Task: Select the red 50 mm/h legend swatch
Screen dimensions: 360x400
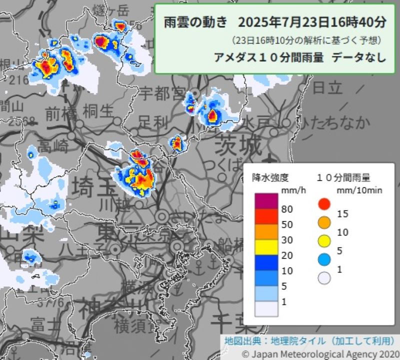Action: tap(265, 216)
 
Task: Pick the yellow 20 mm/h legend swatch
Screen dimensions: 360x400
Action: tap(265, 247)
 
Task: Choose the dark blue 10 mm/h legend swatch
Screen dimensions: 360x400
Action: tap(265, 262)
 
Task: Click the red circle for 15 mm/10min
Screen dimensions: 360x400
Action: tap(324, 203)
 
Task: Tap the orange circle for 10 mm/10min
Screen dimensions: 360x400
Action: tap(324, 222)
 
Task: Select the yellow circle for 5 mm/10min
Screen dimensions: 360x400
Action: tap(324, 240)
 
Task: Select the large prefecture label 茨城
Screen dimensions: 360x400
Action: tap(238, 146)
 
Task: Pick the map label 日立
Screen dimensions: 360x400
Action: tap(327, 87)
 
